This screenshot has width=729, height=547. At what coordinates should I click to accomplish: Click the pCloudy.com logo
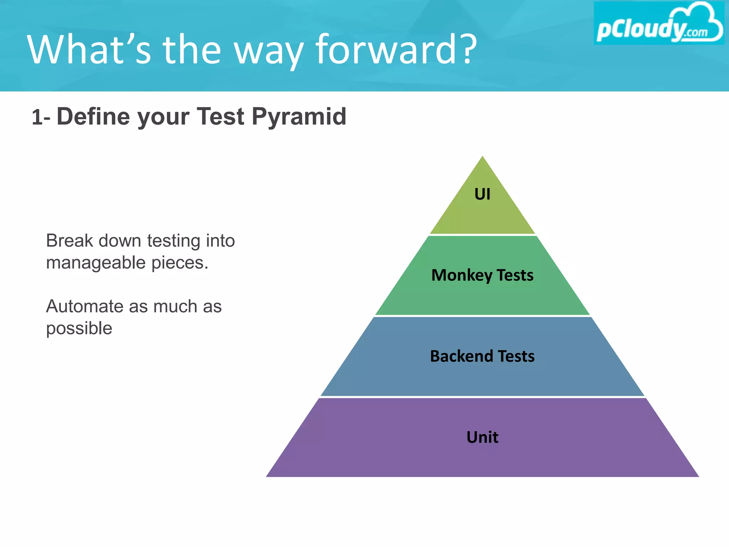(x=659, y=24)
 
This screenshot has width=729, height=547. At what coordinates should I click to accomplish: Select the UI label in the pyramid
(x=482, y=194)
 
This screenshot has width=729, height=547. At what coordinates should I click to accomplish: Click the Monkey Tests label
(x=482, y=275)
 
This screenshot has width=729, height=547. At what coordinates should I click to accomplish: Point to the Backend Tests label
(x=482, y=356)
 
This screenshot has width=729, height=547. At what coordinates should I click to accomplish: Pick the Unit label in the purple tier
(x=482, y=437)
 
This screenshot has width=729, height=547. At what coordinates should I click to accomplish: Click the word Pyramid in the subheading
(x=299, y=117)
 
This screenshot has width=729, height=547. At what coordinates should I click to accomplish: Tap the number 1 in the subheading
(x=37, y=118)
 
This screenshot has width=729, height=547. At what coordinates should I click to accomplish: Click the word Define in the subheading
(x=94, y=117)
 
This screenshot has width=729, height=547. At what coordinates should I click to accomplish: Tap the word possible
(x=79, y=328)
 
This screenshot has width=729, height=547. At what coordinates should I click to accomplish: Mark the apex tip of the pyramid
(x=482, y=157)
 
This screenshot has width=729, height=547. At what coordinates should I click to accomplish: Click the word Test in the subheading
(x=221, y=117)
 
